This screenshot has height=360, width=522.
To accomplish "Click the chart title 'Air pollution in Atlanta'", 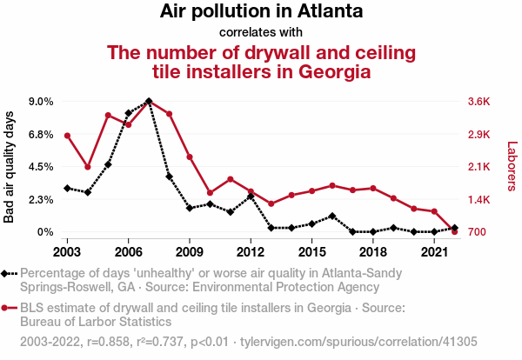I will tap(261, 13).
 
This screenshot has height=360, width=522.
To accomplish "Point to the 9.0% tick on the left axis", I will tap(42, 101).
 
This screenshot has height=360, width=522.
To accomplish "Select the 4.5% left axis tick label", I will tap(42, 167).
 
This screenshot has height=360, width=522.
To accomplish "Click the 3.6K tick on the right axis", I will tap(479, 101).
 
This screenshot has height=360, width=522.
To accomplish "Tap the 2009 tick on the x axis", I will tap(189, 251).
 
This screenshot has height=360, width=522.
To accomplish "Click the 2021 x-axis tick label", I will tap(434, 251).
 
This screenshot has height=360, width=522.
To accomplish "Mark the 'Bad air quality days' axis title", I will tap(10, 166).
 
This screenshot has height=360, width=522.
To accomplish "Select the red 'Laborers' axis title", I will tap(512, 166).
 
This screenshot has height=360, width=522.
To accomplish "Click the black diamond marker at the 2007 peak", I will tap(149, 101).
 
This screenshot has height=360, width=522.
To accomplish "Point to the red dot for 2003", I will tap(67, 136).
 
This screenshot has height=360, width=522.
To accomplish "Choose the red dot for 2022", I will tap(454, 232).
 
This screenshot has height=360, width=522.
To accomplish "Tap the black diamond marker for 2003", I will tap(67, 188).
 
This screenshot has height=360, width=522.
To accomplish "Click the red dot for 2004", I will tap(88, 167).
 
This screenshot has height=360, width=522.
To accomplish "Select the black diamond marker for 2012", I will tap(251, 197).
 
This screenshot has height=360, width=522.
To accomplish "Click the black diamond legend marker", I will tap(6, 273).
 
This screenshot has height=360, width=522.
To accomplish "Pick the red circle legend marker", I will tap(6, 308).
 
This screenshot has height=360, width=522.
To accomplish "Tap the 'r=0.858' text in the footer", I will tap(97, 342).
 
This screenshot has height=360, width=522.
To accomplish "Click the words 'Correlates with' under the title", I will tap(261, 33).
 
